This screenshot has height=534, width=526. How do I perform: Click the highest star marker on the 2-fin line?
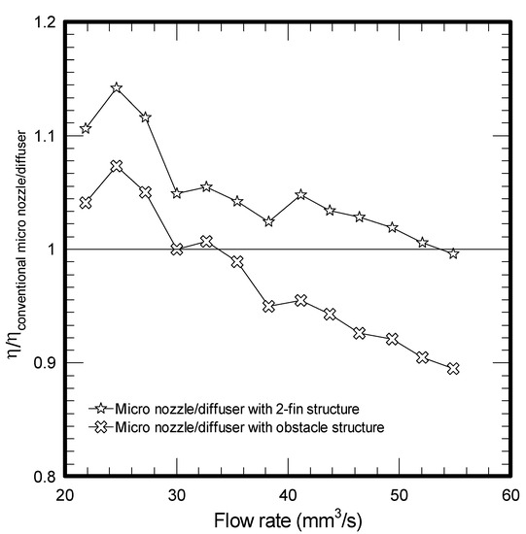point(117,88)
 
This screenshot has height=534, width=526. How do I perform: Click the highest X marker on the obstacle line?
point(117,167)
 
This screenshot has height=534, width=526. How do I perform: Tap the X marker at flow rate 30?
point(177,250)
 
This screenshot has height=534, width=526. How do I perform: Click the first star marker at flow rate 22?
point(86,128)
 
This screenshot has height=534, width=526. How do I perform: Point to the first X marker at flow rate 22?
point(86,203)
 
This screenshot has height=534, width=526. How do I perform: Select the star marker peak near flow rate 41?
point(301,195)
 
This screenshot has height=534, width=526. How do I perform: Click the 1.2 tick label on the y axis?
point(39,22)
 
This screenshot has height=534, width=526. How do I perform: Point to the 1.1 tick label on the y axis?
point(39,136)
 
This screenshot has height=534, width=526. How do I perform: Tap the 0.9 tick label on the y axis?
point(39,363)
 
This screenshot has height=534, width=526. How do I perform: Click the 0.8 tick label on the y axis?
point(39,477)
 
